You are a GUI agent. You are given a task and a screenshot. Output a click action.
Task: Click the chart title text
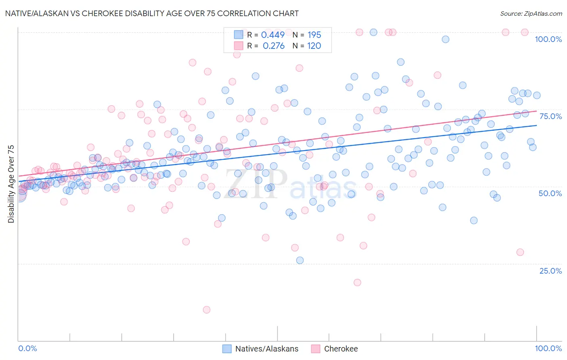[152, 13]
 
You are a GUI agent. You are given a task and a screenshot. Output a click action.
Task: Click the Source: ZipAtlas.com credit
[531, 13]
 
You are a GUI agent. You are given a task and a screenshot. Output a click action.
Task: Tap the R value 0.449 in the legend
[273, 35]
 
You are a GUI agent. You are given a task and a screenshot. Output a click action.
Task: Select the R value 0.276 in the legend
[274, 46]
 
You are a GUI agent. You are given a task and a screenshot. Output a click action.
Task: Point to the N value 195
[314, 35]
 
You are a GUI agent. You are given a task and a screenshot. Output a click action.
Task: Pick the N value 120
[314, 46]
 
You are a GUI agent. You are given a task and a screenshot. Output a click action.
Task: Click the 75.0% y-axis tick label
[550, 116]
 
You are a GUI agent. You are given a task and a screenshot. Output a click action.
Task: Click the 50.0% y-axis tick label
[550, 193]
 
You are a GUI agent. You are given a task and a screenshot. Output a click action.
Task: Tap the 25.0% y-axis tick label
[550, 271]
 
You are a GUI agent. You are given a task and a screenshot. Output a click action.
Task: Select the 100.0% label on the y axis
[548, 39]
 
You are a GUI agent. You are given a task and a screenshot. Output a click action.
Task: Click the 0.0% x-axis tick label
[27, 348]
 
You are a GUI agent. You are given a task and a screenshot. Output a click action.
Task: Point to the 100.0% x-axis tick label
[548, 348]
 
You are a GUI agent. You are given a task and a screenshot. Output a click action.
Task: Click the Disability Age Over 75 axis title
[11, 184]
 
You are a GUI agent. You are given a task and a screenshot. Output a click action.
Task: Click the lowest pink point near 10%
[206, 310]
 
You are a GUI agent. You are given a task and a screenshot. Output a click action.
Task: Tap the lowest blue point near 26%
[300, 260]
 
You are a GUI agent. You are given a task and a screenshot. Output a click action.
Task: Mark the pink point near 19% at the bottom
[357, 283]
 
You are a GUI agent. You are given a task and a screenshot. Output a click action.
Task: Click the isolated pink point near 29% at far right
[520, 252]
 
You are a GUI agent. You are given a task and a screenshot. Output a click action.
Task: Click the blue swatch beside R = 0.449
[239, 35]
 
